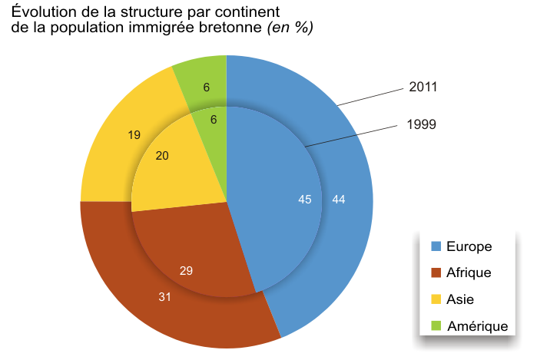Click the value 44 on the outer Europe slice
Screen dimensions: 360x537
pyautogui.click(x=339, y=200)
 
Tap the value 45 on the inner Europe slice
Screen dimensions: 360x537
pyautogui.click(x=304, y=200)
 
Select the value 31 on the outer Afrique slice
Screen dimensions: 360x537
pyautogui.click(x=164, y=296)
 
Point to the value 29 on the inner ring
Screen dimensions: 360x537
pyautogui.click(x=185, y=269)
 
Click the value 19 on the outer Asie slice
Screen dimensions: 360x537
pyautogui.click(x=134, y=135)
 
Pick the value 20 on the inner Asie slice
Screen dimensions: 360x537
pyautogui.click(x=162, y=156)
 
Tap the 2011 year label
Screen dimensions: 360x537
pyautogui.click(x=423, y=87)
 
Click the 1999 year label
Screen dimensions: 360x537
pyautogui.click(x=422, y=123)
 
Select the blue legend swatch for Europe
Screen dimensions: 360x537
pyautogui.click(x=436, y=246)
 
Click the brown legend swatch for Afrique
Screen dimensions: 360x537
pyautogui.click(x=436, y=272)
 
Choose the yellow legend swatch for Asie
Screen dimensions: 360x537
pyautogui.click(x=436, y=299)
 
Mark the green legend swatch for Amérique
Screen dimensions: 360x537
pyautogui.click(x=436, y=326)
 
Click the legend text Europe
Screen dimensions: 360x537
pyautogui.click(x=469, y=246)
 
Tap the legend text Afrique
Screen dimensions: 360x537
pyautogui.click(x=469, y=272)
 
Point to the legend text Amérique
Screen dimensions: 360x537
pyautogui.click(x=477, y=326)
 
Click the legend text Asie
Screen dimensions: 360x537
pyautogui.click(x=461, y=299)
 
